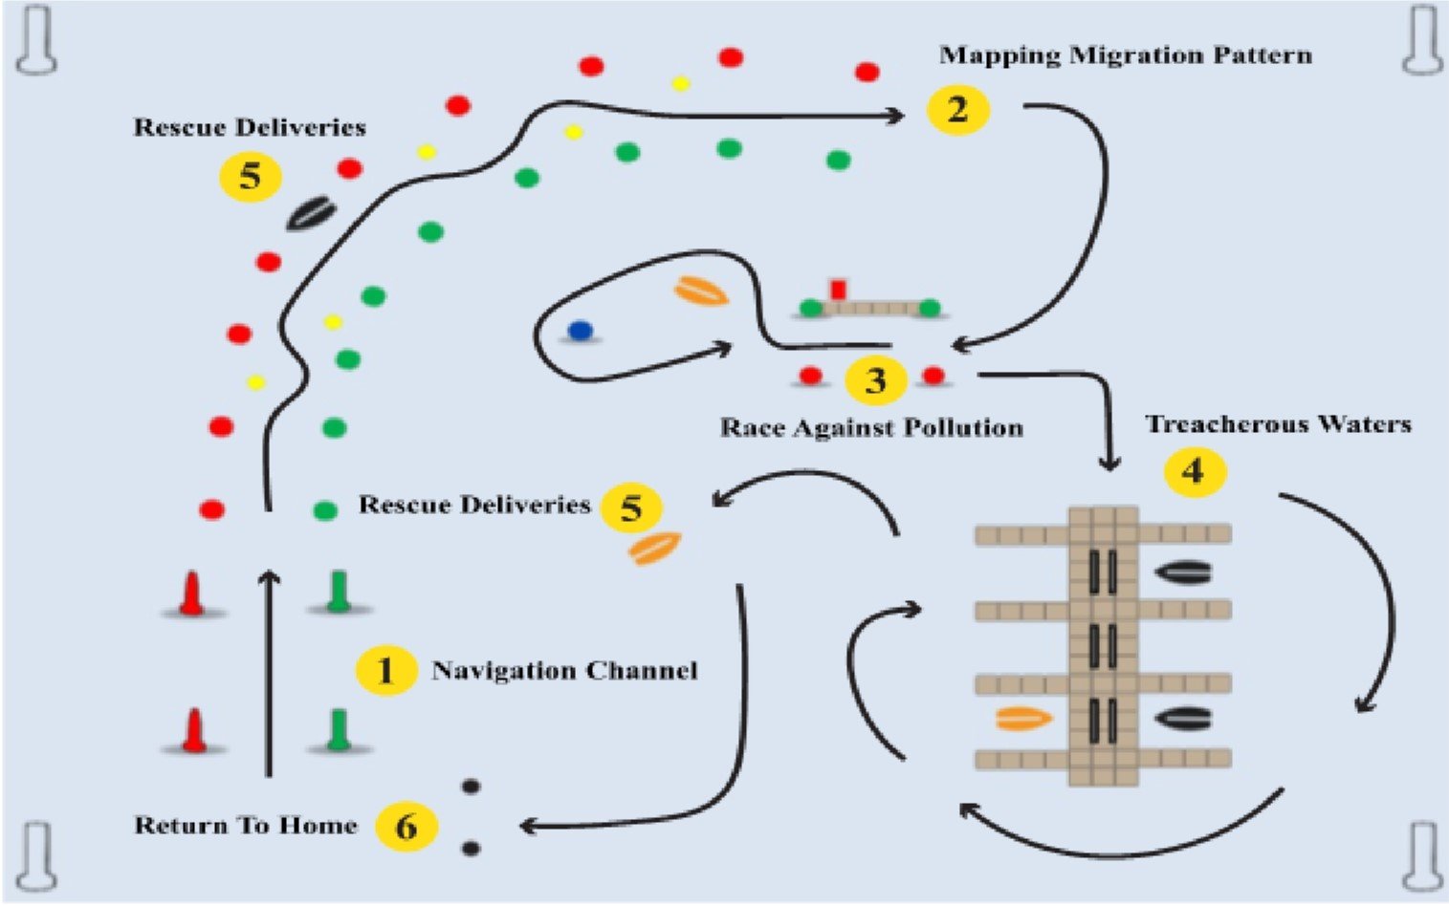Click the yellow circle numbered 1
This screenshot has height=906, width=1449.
(385, 670)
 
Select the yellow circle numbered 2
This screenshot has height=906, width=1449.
(957, 110)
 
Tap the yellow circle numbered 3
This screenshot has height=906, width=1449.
(875, 380)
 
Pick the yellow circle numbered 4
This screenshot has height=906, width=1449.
(1194, 470)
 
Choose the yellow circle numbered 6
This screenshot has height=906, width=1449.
(406, 826)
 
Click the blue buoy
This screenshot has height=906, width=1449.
(580, 331)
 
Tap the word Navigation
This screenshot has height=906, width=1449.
(504, 671)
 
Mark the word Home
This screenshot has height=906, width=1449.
(327, 826)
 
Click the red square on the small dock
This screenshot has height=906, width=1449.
(839, 289)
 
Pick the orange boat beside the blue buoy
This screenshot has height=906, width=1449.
(701, 291)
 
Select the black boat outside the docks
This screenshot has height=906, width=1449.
(311, 213)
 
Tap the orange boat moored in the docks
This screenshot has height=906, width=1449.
(1024, 718)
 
